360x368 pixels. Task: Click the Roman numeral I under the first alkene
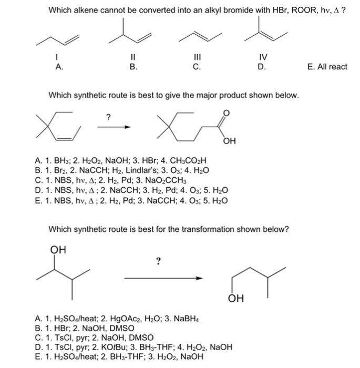point(59,58)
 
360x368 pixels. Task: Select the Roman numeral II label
point(133,58)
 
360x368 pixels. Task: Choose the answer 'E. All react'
point(326,67)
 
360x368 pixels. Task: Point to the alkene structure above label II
point(133,33)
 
